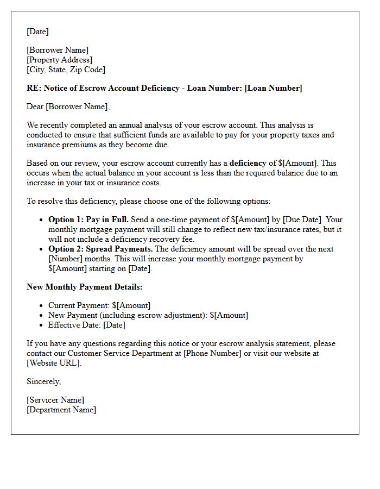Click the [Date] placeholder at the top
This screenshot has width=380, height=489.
[x=37, y=32]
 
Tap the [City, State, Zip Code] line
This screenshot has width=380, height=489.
[x=66, y=70]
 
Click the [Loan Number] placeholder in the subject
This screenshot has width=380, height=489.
[x=273, y=88]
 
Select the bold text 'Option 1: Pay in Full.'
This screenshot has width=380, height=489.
[x=88, y=220]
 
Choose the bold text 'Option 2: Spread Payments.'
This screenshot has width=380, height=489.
[x=100, y=249]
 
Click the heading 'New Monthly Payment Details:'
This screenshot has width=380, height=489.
[x=85, y=287]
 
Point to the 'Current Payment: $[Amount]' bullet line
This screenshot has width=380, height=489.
[x=99, y=305]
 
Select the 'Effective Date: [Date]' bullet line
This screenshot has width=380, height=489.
[x=87, y=325]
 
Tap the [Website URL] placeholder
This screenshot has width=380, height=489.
[x=54, y=363]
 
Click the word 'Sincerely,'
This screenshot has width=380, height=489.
[x=43, y=381]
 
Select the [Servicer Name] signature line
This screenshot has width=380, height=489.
[x=55, y=400]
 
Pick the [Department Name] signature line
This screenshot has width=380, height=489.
[x=61, y=410]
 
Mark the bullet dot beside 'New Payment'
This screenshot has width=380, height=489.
[x=41, y=316]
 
